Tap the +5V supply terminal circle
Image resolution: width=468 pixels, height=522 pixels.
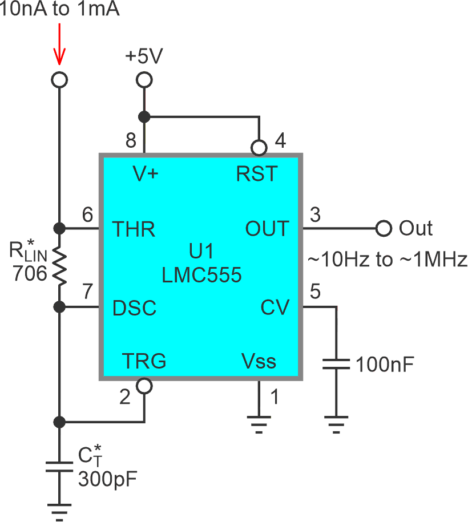pos(144,80)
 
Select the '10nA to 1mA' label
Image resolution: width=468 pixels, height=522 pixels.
pos(60,10)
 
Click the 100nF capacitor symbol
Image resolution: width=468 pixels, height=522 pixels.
pos(336,365)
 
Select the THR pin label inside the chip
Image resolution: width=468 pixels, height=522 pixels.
pos(134,229)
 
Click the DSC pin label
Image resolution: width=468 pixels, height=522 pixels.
pos(134,308)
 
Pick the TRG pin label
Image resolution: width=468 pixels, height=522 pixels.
pos(144,361)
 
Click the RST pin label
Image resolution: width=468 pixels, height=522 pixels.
pos(257,173)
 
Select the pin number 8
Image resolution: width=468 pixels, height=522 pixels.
pos(130,140)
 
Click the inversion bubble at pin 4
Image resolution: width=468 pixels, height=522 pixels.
pos(259,148)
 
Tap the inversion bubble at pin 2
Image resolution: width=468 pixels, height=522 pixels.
pos(144,386)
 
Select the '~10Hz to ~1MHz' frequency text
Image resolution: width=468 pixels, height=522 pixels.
pos(388,260)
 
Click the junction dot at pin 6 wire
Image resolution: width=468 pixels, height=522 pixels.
pos(58,229)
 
